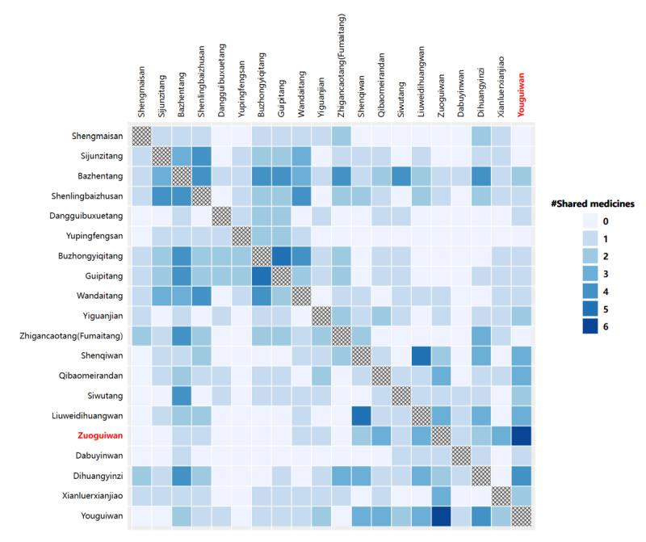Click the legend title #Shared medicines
(597, 203)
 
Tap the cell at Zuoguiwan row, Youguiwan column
(520, 433)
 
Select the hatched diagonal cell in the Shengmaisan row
(141, 136)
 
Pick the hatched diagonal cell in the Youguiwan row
(520, 512)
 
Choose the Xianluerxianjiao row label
(90, 492)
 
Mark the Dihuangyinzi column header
(480, 93)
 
